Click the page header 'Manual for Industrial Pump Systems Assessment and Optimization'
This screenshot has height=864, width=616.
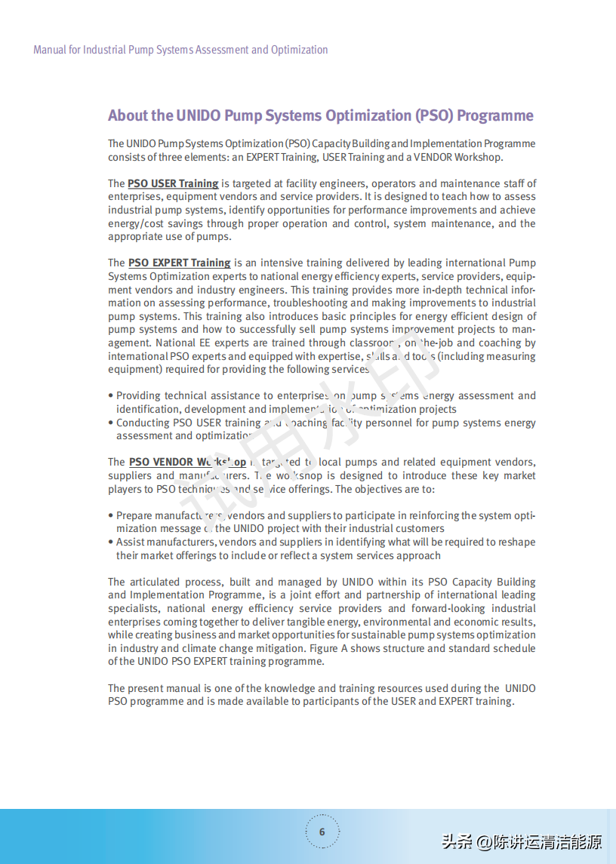click(x=180, y=50)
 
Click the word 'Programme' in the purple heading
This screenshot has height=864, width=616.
click(x=494, y=115)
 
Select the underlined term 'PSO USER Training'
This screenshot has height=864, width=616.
click(x=173, y=183)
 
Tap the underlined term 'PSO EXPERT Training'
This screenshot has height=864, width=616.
click(x=179, y=263)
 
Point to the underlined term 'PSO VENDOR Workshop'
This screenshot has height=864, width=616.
click(x=187, y=462)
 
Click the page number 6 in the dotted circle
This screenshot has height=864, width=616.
click(x=322, y=832)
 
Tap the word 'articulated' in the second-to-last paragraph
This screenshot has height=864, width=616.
click(x=159, y=582)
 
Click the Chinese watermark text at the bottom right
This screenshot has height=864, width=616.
click(x=522, y=841)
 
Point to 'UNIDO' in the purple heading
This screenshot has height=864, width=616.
click(x=198, y=115)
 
